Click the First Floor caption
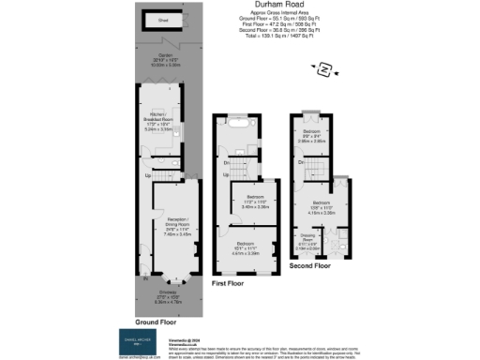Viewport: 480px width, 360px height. pyautogui.click(x=229, y=281)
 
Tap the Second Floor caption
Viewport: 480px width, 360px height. pyautogui.click(x=309, y=266)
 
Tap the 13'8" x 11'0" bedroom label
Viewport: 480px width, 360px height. pyautogui.click(x=323, y=204)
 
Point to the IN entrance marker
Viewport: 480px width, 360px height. pyautogui.click(x=145, y=278)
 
